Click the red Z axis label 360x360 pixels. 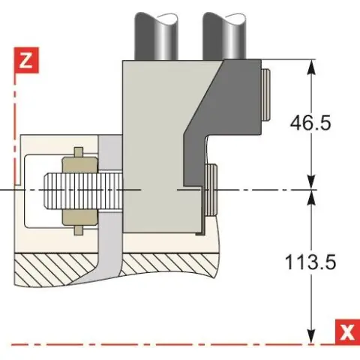coord(26,60)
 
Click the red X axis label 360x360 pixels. coord(347,331)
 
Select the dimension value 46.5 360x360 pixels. coord(310,123)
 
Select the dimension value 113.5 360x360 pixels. coord(310,262)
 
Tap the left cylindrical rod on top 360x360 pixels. coord(156,36)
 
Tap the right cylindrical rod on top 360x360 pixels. coord(224,36)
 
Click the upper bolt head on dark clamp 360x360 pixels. coord(265,95)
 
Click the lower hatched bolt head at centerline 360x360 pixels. coord(211,190)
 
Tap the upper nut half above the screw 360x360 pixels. coord(79,165)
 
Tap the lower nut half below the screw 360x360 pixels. coord(79,217)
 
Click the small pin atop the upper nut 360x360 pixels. coord(79,152)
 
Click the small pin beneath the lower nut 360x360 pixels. coord(79,230)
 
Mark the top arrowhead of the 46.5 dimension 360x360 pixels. coord(311,67)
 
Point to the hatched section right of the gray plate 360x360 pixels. coord(170,264)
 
